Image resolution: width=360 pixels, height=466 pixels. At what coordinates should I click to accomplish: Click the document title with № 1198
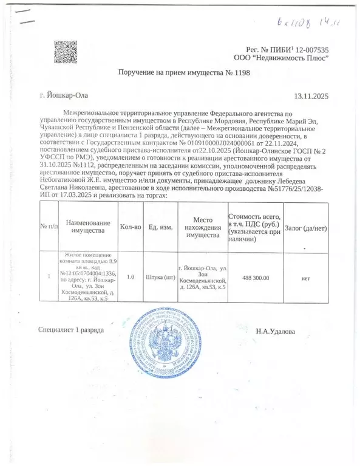click(183, 73)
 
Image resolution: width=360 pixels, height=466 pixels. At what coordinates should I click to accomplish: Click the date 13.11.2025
click(311, 96)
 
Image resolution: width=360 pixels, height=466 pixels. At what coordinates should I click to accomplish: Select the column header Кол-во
click(131, 226)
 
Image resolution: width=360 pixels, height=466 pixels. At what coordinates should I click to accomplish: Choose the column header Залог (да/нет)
click(306, 226)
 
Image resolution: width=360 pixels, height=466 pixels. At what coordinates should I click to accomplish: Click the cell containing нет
click(306, 278)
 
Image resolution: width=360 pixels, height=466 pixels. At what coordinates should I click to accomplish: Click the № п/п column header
click(49, 226)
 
